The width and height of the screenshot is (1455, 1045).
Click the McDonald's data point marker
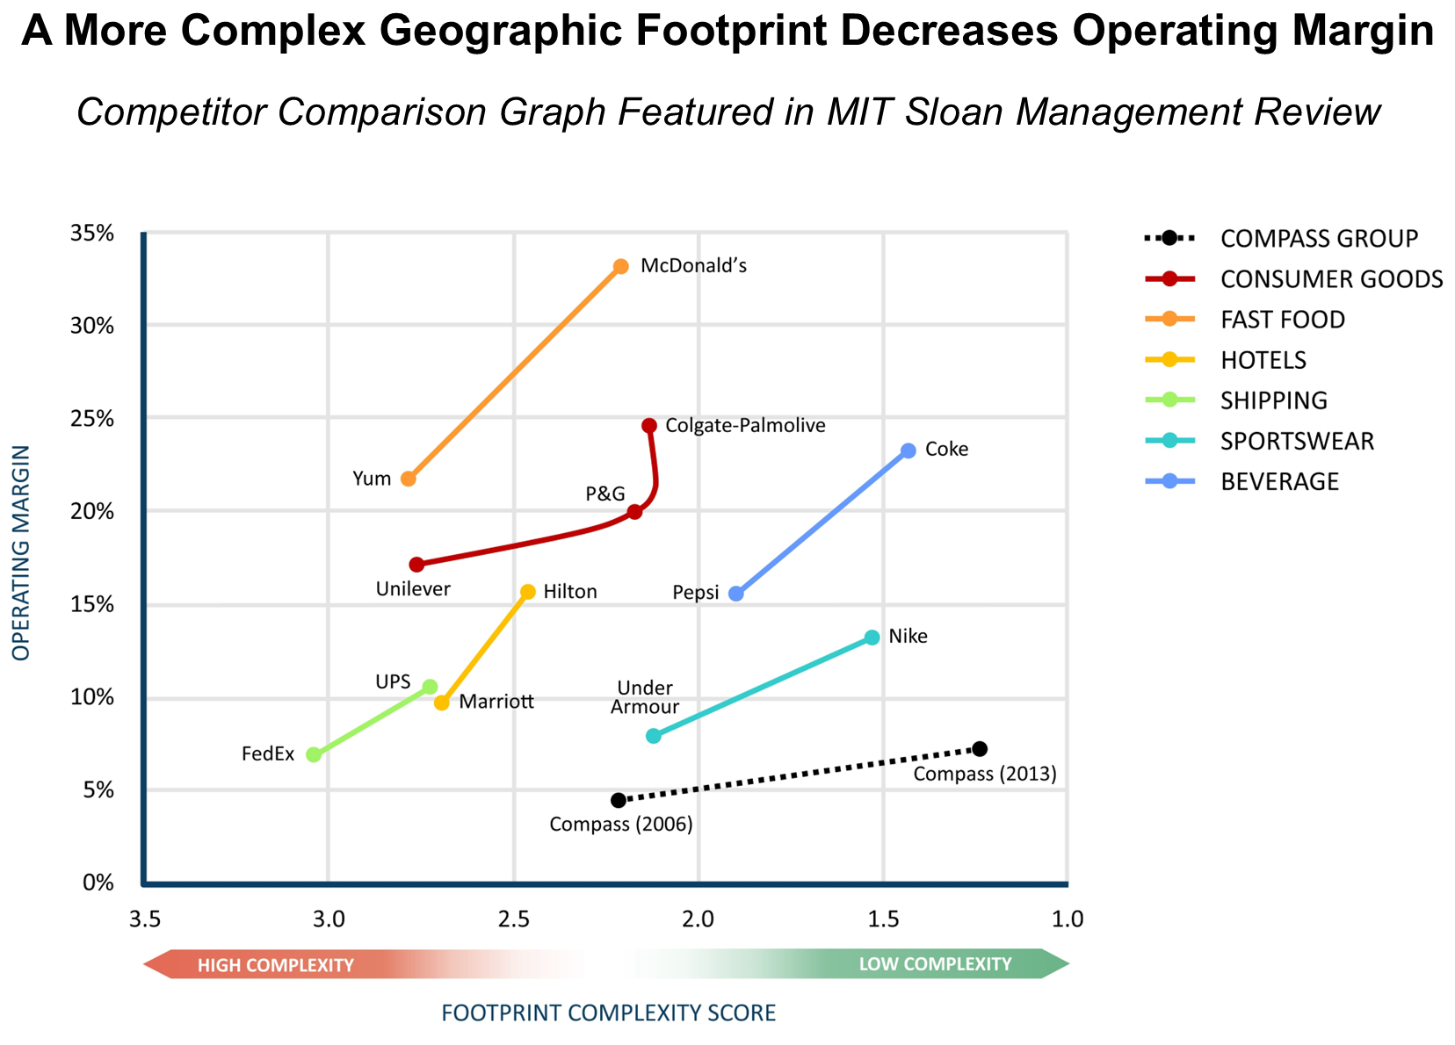(x=621, y=266)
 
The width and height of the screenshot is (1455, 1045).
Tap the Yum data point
(x=409, y=479)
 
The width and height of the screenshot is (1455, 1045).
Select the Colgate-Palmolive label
(x=745, y=426)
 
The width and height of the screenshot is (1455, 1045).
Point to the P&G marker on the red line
(x=634, y=512)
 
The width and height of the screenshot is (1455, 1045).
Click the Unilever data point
(x=416, y=565)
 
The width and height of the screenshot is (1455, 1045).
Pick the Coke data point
(x=908, y=450)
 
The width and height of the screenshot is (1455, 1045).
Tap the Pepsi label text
(x=695, y=593)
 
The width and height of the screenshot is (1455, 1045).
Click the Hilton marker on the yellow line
(x=528, y=592)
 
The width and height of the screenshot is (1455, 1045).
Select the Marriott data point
(x=442, y=703)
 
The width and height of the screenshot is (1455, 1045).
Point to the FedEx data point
(x=314, y=754)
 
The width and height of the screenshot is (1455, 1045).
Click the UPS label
(x=393, y=682)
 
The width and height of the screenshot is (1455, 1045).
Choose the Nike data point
(x=872, y=638)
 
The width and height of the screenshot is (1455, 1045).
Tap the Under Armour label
(x=645, y=697)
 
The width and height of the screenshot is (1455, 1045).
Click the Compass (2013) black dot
(x=980, y=749)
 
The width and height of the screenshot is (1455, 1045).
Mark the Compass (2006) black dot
(x=619, y=800)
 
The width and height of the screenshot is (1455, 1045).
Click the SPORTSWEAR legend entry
(x=1296, y=441)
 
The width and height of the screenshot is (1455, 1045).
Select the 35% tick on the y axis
(x=92, y=234)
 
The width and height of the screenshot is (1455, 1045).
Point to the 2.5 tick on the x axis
(x=514, y=919)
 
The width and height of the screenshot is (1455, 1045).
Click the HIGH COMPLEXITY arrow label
(x=275, y=965)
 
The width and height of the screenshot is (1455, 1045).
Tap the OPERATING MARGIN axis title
(x=21, y=552)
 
